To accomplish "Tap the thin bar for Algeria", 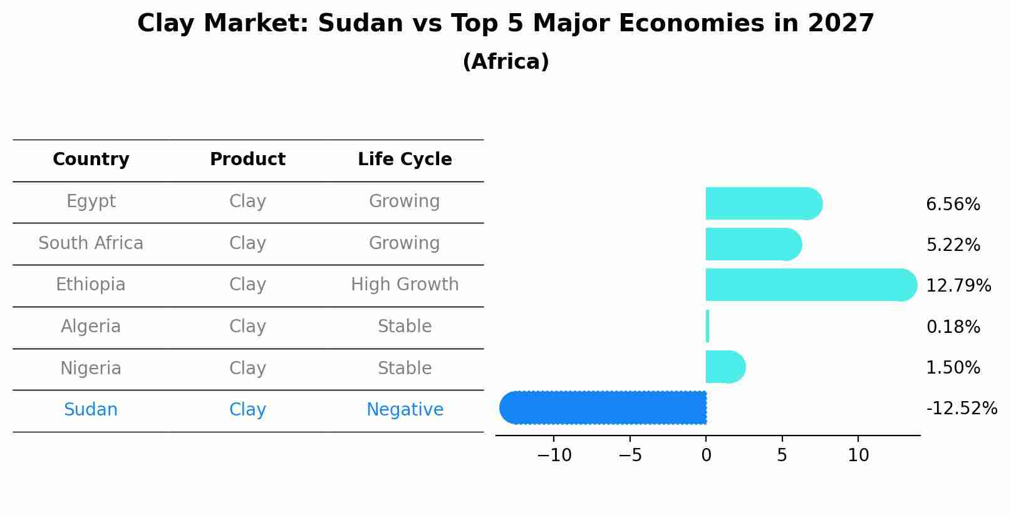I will (707, 326).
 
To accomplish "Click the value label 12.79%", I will (958, 286).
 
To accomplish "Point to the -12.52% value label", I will (961, 409).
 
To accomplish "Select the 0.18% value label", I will (953, 327).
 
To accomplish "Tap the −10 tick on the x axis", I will (554, 456).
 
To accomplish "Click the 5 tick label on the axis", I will (782, 456).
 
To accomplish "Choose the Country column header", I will (91, 160).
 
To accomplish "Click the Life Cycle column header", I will (405, 160).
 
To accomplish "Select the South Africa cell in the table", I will (91, 243).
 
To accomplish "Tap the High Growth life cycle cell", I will (405, 285).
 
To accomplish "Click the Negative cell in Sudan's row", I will (405, 410).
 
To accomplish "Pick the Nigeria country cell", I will (91, 368).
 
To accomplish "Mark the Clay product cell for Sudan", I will (247, 410).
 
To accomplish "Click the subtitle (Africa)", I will (505, 62).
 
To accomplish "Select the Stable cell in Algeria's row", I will (405, 327).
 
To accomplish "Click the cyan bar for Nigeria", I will (724, 367).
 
